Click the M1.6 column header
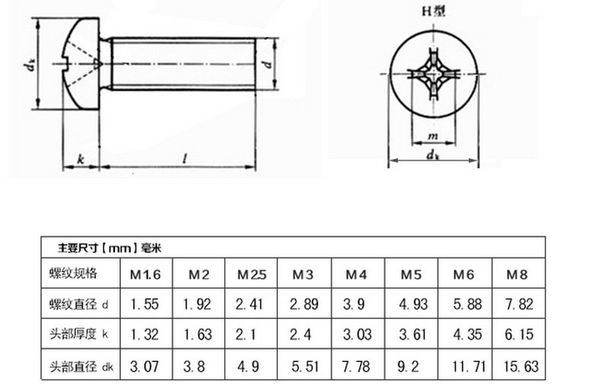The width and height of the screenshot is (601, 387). pos(145,274)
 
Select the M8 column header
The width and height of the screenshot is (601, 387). pos(517,274)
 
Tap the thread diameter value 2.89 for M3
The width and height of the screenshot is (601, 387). pos(304,304)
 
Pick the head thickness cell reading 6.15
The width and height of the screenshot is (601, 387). pos(519,335)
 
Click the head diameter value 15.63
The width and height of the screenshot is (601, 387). pos(521,366)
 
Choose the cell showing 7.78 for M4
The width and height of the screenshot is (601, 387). pos(356,366)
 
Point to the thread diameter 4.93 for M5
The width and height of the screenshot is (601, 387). pos(413,304)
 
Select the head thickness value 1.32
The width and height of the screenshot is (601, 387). pos(145,335)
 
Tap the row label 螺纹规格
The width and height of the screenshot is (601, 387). pos(73,274)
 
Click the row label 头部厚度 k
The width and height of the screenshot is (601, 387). pos(79,334)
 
